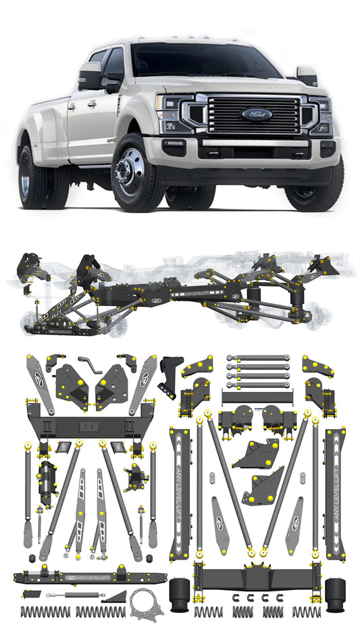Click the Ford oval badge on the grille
tap(257, 114)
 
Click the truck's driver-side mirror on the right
tap(307, 76)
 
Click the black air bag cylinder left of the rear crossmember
tap(179, 595)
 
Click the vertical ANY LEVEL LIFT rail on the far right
tap(335, 493)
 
